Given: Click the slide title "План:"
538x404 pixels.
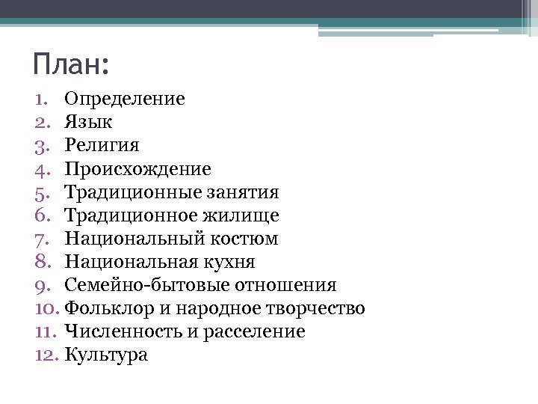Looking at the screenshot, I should coord(71,64).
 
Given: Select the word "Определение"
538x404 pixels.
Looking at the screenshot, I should coord(125,99).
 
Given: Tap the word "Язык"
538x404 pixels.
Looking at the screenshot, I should coord(88,122).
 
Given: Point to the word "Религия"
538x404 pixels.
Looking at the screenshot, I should coord(102,146).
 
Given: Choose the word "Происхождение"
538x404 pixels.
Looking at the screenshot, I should coord(137,169).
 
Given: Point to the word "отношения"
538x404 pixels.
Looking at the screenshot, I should coord(285,285).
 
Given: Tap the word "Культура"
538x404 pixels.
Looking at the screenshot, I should coord(106,355).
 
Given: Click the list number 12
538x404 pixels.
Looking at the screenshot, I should coord(46,355).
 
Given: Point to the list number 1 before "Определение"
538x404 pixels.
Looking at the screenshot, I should coord(41,99).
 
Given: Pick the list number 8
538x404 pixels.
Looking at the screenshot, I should coord(41,262).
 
